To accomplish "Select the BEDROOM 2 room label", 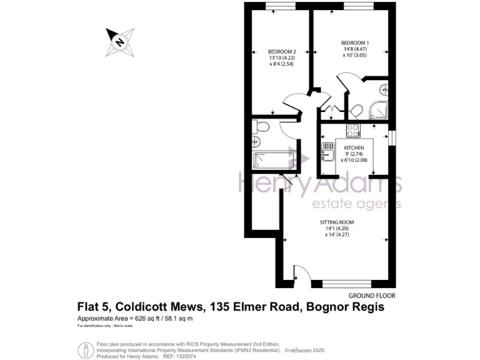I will click(281, 52).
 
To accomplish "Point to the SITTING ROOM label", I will click(337, 222).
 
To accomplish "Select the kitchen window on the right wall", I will click(392, 137).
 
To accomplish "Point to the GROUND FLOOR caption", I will click(372, 295).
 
